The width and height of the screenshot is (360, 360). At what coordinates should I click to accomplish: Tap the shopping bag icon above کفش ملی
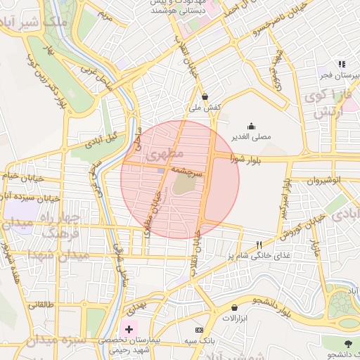(x=205, y=97)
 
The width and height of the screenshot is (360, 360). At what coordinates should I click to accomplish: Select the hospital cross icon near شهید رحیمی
(x=128, y=328)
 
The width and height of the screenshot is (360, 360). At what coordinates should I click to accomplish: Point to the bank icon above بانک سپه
(x=199, y=330)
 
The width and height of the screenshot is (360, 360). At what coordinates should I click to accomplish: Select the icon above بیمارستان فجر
(x=342, y=63)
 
